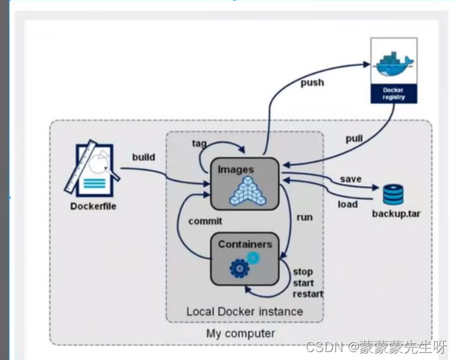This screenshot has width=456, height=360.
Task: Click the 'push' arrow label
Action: click(312, 83)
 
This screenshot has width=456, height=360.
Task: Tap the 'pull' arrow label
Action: click(354, 139)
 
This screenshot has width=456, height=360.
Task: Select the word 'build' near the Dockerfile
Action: click(144, 157)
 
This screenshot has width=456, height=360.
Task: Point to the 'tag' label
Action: click(199, 144)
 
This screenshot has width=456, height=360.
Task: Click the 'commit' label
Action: click(205, 221)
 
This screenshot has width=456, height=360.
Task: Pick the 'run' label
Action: click(304, 217)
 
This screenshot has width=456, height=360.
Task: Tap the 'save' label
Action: click(351, 179)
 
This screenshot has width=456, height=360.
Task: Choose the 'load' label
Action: click(348, 204)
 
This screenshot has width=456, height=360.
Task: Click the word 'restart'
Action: click(308, 294)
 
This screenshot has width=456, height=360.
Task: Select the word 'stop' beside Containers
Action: click(303, 272)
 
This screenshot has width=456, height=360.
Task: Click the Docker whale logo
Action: click(394, 64)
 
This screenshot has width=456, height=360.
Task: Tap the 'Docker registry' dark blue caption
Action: click(394, 94)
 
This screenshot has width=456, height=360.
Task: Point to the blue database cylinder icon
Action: click(393, 194)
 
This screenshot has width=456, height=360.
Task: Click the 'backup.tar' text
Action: click(396, 214)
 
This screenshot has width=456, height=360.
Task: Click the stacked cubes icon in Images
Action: click(248, 191)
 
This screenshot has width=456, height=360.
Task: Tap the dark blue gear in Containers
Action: click(240, 269)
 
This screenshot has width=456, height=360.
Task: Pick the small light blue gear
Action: click(253, 258)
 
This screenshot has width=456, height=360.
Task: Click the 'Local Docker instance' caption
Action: click(245, 312)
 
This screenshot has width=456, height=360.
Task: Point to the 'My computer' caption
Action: click(240, 334)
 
